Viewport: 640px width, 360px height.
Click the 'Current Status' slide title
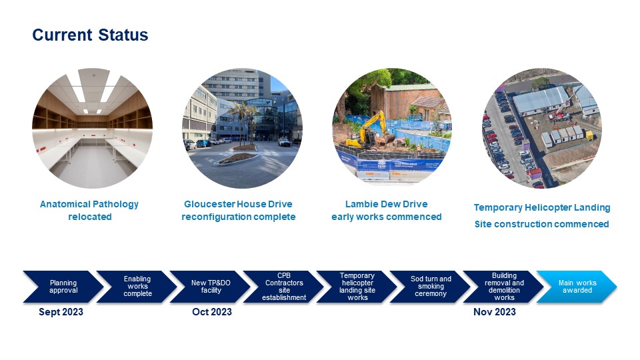90,35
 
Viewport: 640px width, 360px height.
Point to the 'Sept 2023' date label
61,312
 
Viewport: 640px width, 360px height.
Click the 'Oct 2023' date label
212,312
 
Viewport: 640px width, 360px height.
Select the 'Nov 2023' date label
495,312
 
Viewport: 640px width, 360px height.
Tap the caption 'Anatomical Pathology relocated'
89,210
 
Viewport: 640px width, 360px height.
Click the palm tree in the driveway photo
241,121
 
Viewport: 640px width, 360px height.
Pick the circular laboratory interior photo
92,128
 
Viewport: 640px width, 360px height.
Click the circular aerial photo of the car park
542,128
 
